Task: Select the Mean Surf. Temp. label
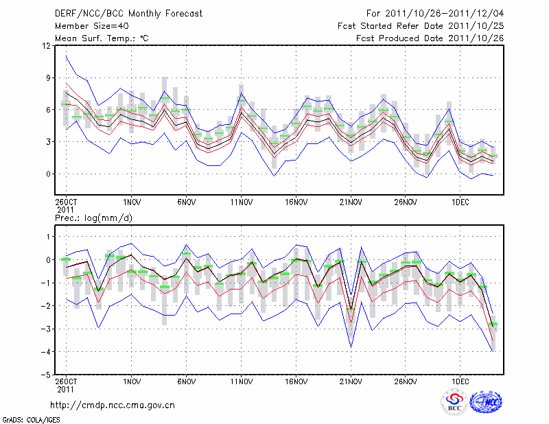[x=102, y=38]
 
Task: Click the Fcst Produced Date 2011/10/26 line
[x=430, y=38]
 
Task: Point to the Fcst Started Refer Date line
[x=421, y=26]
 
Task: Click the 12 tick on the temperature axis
[x=46, y=46]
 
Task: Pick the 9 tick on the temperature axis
[x=48, y=78]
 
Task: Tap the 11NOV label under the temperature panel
[x=240, y=202]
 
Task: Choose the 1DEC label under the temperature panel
[x=460, y=202]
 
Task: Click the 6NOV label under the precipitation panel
[x=186, y=380]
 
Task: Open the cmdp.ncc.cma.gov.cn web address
[x=113, y=405]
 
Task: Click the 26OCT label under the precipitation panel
[x=65, y=380]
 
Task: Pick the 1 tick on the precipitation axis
[x=48, y=237]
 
